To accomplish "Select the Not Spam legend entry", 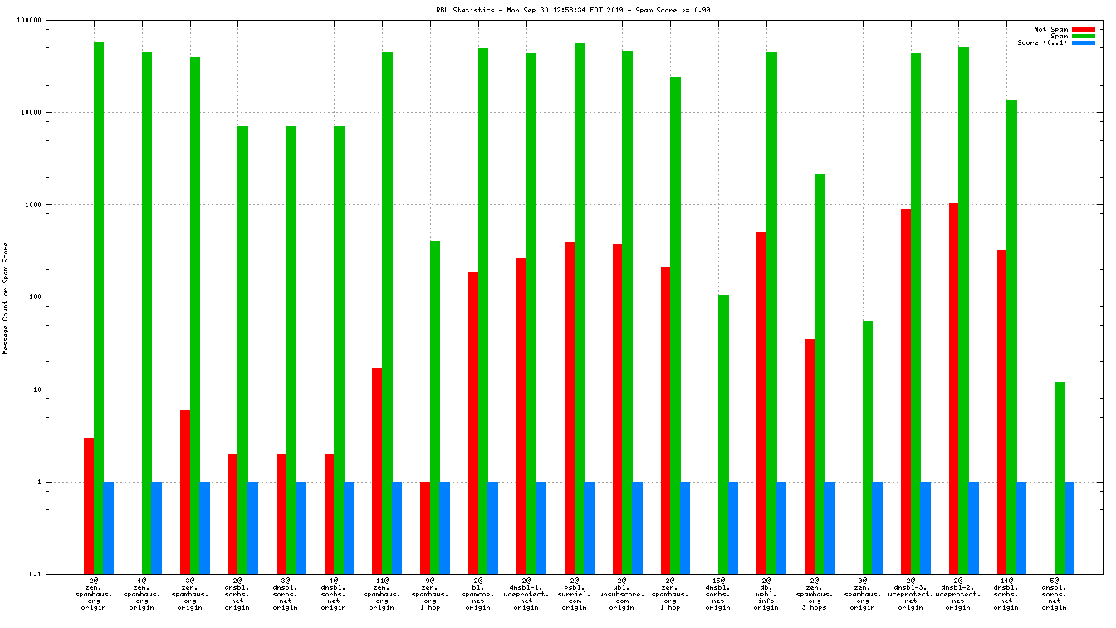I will click(x=1050, y=29).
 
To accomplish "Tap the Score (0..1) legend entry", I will click(x=1042, y=42).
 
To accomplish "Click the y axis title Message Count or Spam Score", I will click(x=6, y=297).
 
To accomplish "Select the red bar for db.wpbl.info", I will click(x=761, y=403).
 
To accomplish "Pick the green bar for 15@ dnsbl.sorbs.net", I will click(x=723, y=434).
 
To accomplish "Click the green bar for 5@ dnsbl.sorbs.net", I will click(x=1060, y=478).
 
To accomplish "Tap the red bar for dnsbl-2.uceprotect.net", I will click(x=954, y=388).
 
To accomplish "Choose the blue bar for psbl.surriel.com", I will click(x=590, y=527).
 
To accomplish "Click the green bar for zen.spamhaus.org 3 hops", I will click(x=820, y=374).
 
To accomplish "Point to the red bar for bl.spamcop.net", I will click(x=473, y=423).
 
